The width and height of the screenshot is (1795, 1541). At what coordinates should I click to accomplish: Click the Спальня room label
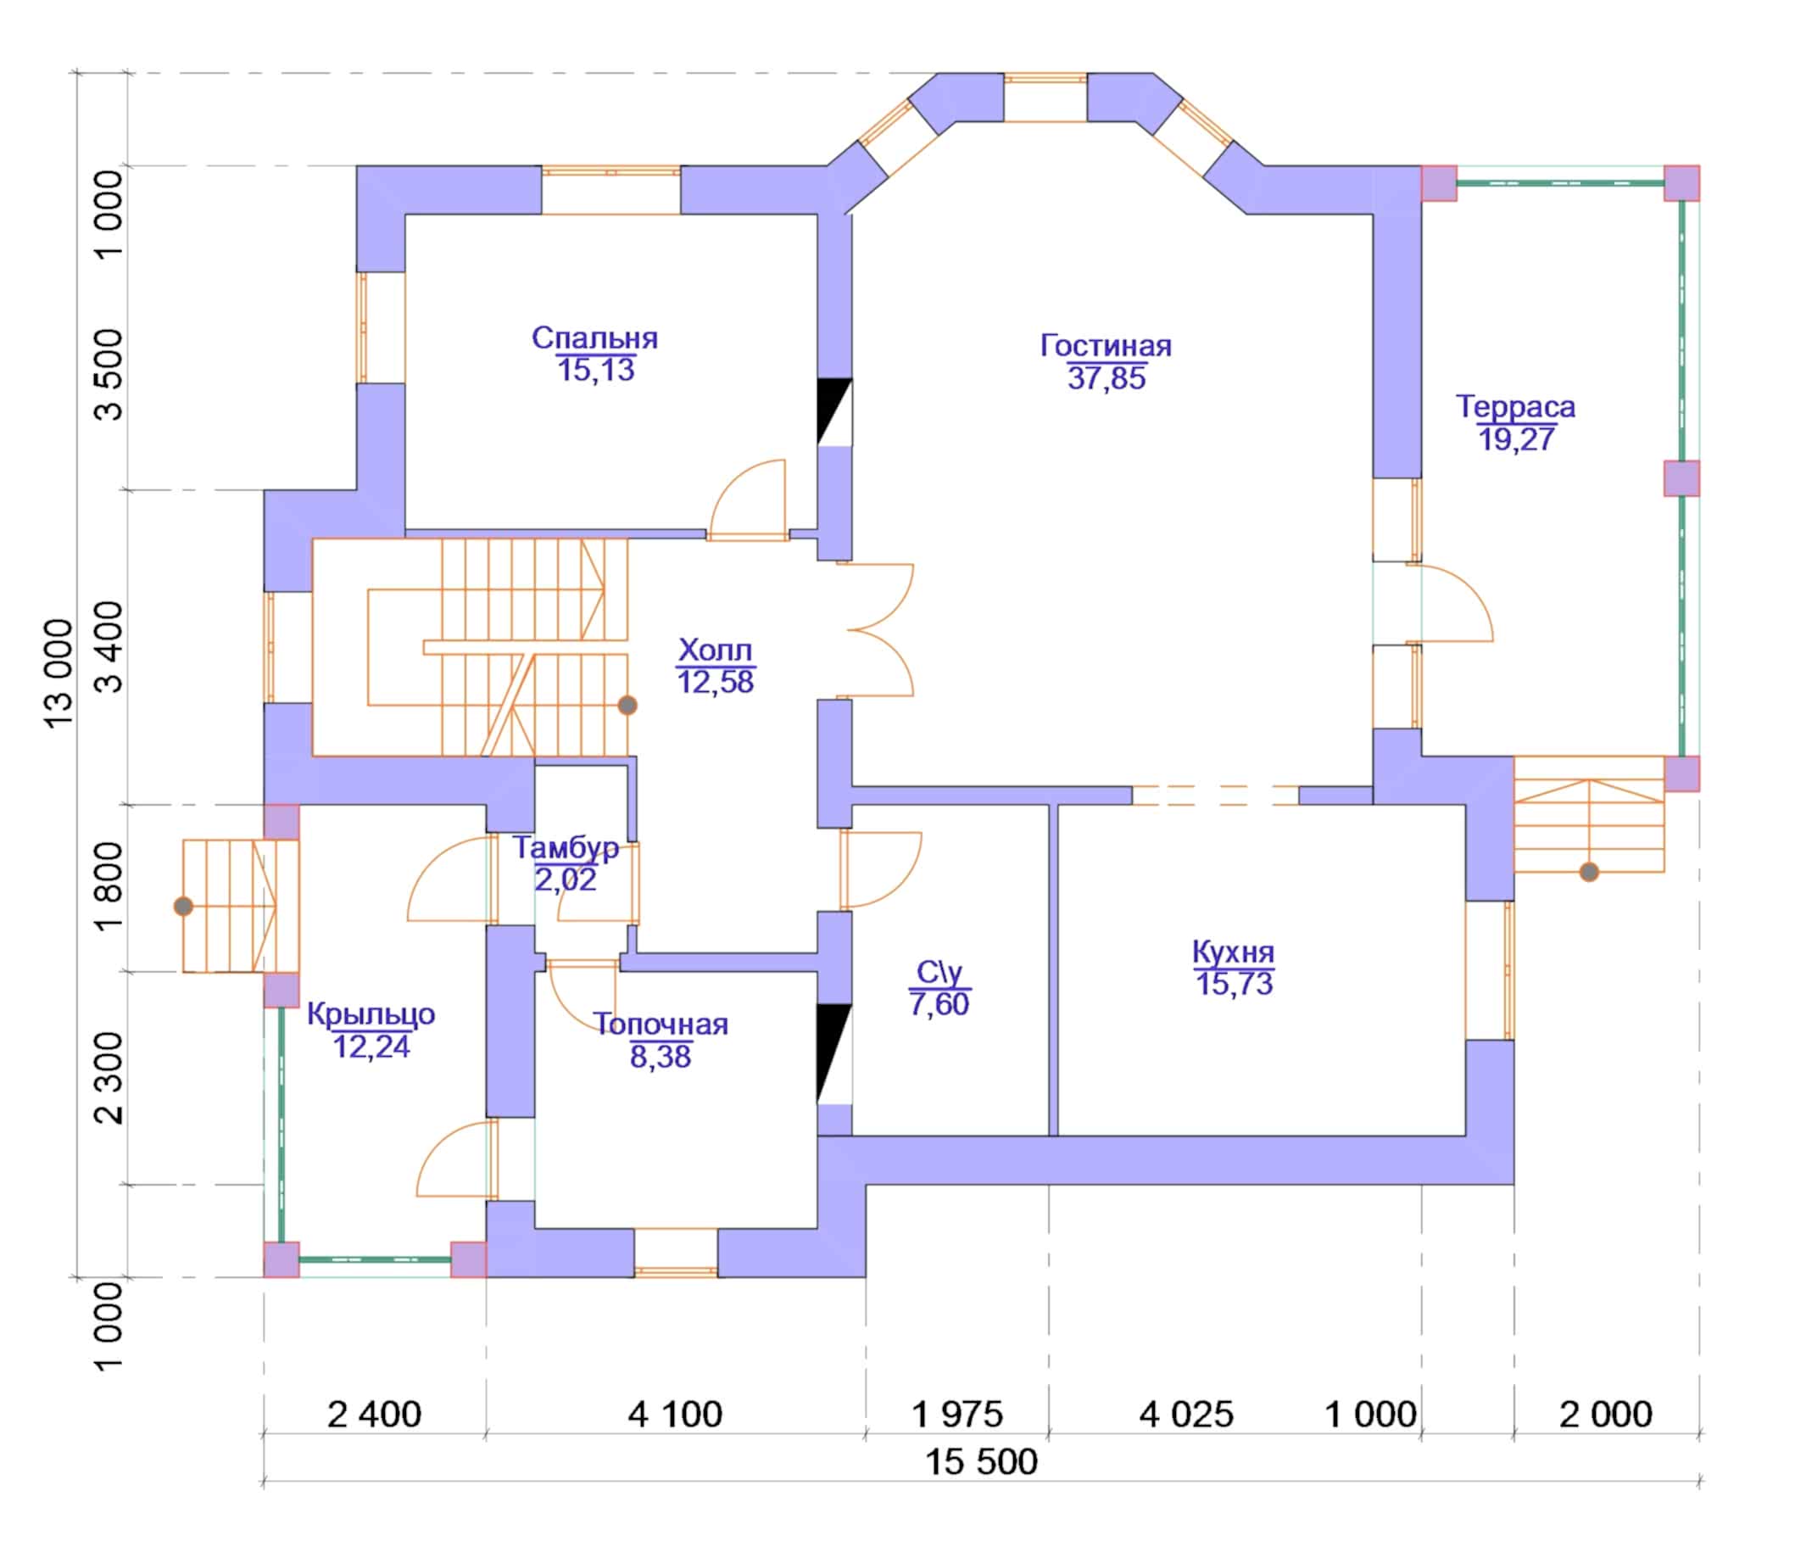point(594,338)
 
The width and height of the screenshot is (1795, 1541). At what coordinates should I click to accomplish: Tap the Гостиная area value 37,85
point(1107,378)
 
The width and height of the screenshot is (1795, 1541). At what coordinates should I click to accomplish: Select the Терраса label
point(1515,406)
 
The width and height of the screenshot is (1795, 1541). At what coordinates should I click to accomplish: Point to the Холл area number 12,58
point(716,681)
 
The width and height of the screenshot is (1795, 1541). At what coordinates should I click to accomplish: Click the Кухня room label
point(1234,952)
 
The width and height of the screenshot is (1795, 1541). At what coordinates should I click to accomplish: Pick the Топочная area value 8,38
point(661,1056)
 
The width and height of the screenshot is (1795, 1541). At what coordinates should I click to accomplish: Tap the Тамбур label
point(566,846)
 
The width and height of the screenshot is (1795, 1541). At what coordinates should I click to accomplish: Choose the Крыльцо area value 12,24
point(371,1046)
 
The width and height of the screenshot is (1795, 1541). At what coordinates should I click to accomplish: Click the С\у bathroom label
point(939,973)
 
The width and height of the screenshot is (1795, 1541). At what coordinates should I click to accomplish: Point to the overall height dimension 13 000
point(59,673)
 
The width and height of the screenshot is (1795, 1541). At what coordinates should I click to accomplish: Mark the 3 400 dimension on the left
point(109,647)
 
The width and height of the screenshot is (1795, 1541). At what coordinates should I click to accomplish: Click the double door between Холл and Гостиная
point(875,630)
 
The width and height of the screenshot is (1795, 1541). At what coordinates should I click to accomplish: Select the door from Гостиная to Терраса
point(1448,602)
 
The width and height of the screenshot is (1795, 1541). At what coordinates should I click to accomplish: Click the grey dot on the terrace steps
point(1589,872)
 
